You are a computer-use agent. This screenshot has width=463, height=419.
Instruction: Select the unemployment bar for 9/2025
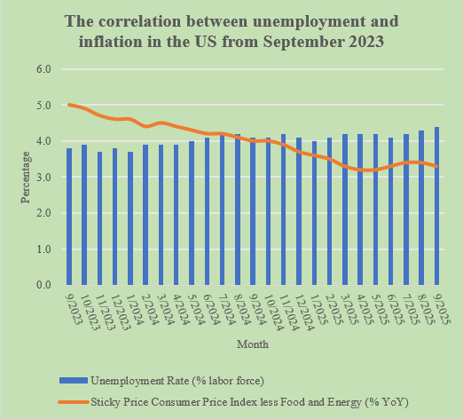[437, 206]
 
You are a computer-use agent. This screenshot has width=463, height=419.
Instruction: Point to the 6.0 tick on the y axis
[44, 69]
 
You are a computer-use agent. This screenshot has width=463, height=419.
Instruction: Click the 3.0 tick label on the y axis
[44, 178]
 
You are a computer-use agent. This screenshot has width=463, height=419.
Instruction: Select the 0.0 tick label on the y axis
[44, 285]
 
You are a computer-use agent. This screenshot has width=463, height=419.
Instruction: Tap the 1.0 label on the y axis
[44, 249]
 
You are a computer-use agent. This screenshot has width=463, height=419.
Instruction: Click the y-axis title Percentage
[26, 178]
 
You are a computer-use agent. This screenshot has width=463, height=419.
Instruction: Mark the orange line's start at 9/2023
[69, 105]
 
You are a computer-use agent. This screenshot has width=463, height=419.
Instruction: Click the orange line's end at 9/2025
[437, 166]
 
